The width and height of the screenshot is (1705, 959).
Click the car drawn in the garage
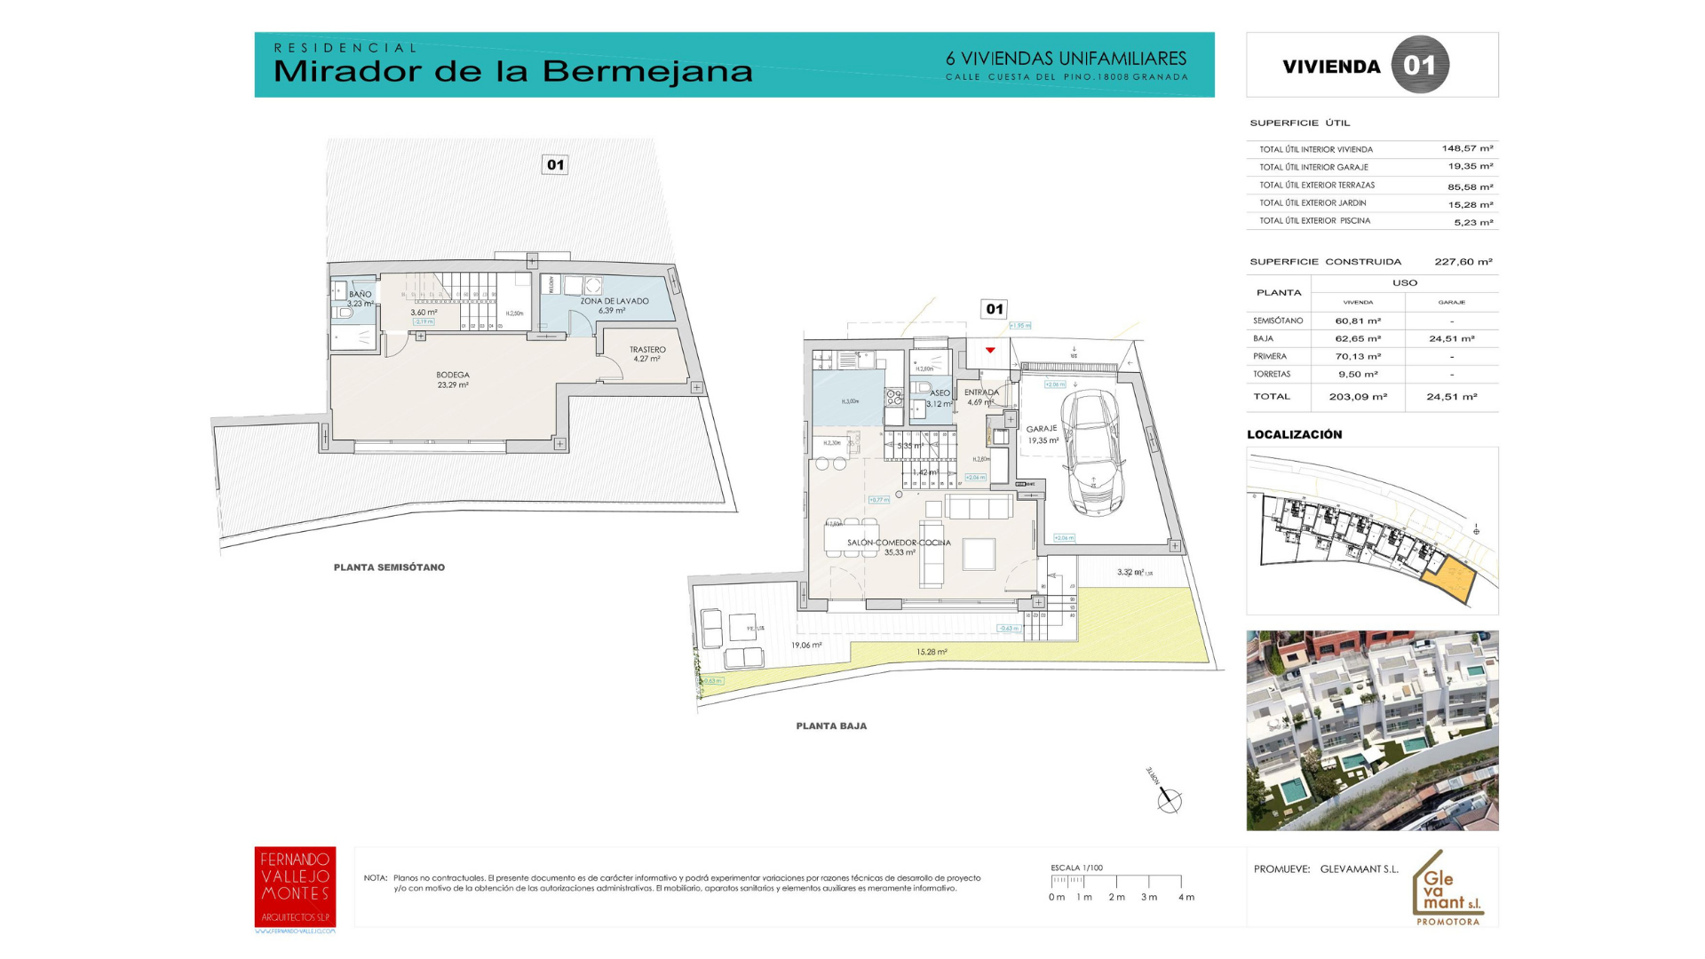click(x=1093, y=453)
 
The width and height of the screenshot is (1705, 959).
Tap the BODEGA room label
click(x=453, y=376)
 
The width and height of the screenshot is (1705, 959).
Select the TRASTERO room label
click(x=647, y=350)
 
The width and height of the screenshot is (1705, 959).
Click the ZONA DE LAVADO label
click(x=615, y=301)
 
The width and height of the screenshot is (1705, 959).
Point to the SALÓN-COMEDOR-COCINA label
click(x=899, y=543)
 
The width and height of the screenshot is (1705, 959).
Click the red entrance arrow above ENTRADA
click(x=990, y=350)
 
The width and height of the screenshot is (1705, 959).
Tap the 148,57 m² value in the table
click(x=1467, y=149)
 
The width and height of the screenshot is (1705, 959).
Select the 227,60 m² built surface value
click(x=1463, y=262)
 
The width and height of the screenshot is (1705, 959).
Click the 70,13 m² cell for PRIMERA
click(x=1358, y=357)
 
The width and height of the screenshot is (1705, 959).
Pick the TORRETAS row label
click(x=1272, y=375)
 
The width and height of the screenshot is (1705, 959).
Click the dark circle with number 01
click(x=1419, y=65)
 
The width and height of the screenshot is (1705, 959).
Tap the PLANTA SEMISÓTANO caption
click(x=389, y=567)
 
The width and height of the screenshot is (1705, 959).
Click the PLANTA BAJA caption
click(x=831, y=726)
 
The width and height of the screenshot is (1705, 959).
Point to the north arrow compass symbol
click(x=1169, y=800)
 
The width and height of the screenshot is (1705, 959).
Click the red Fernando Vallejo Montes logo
click(x=295, y=887)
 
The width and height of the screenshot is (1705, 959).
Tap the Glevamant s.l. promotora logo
click(x=1447, y=889)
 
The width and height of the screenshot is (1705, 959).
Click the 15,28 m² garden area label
click(x=932, y=652)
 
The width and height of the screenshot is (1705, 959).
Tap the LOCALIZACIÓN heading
click(x=1294, y=434)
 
